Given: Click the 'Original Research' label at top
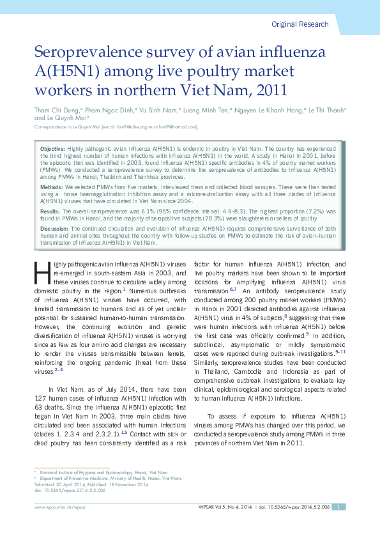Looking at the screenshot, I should pyautogui.click(x=300, y=24).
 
